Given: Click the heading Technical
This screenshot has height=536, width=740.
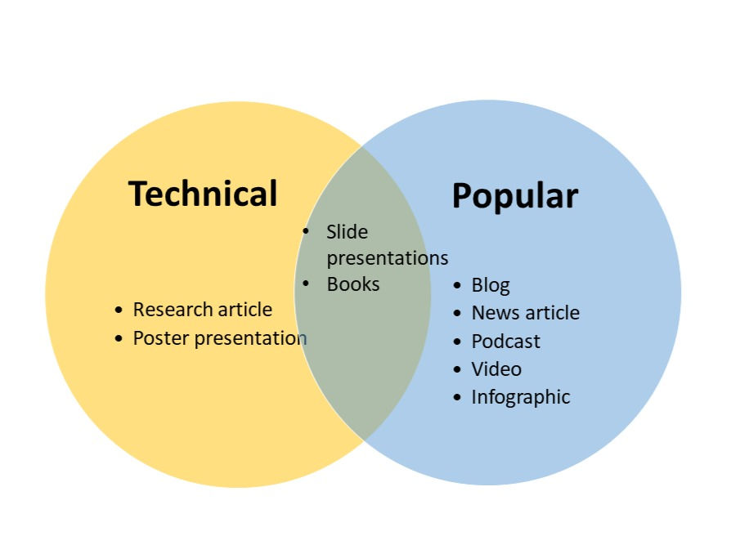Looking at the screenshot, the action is [x=203, y=194].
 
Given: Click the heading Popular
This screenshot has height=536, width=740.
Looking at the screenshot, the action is [x=514, y=195].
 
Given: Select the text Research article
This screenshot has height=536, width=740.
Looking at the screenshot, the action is [x=202, y=310].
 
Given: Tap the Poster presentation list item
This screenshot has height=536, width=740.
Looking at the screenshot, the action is [x=219, y=337].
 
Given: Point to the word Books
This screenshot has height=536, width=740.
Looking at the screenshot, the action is [x=352, y=284].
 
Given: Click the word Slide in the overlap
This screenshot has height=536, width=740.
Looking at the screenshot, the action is [x=347, y=232].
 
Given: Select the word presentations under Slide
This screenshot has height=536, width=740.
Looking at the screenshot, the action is [x=387, y=258].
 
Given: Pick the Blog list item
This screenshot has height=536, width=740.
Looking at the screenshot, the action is [x=490, y=285].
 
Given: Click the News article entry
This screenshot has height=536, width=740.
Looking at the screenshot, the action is [x=525, y=313].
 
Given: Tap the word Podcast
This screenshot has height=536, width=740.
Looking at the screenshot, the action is [x=505, y=341].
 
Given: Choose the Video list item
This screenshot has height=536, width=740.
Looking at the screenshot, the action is [x=496, y=368].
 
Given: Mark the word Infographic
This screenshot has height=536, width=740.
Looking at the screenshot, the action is [x=520, y=397].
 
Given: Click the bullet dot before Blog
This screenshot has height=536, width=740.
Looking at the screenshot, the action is [x=457, y=285].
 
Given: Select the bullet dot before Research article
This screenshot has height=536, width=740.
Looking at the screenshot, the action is [x=119, y=310].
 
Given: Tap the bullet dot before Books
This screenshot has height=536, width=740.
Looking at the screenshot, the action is [x=307, y=284].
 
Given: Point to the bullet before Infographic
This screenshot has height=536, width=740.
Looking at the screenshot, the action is [x=457, y=397].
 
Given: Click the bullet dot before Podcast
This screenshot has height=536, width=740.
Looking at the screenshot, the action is [x=457, y=341].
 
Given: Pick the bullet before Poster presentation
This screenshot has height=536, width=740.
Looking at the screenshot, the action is [x=119, y=338].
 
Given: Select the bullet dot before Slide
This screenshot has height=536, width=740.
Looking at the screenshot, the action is [x=307, y=232].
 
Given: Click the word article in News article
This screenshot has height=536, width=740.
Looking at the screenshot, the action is [x=552, y=313].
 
